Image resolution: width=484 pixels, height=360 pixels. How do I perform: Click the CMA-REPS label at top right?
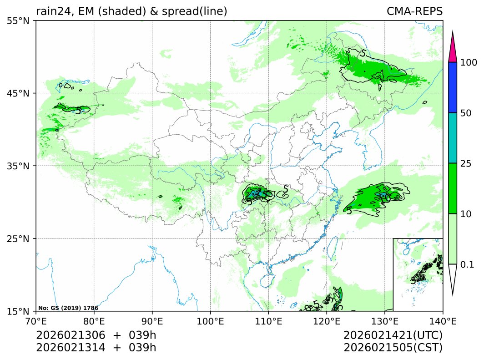point(414,11)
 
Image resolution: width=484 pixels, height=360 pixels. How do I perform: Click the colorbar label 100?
point(469,62)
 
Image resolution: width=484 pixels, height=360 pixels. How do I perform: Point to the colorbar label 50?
point(466,113)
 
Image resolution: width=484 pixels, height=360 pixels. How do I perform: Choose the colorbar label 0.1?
point(468,264)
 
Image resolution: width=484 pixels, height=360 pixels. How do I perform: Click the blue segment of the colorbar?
point(452,87)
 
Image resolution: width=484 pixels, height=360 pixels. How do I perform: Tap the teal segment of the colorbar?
point(452,138)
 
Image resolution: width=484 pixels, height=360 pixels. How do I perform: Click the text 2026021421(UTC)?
point(393,335)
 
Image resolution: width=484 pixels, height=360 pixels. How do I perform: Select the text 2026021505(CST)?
point(393,347)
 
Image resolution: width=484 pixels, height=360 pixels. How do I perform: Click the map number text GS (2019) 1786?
point(68,308)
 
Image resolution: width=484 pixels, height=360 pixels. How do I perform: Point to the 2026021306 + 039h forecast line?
point(96,335)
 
